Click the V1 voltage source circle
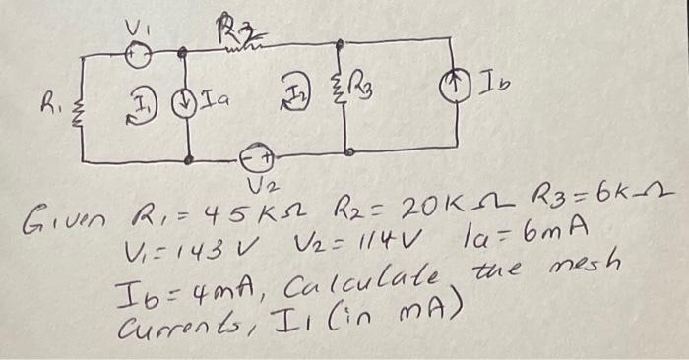(x=140, y=57)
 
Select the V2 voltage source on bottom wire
(x=258, y=157)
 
